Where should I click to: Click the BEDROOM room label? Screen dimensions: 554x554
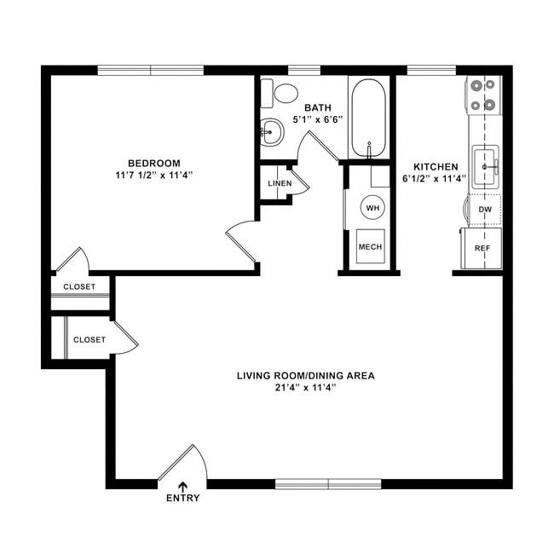pos(154,163)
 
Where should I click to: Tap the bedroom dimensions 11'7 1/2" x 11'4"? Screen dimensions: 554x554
pos(154,176)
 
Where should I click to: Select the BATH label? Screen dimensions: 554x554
pos(317,107)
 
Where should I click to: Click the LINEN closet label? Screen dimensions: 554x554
pos(279,183)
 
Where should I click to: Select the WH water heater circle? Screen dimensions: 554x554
pos(372,207)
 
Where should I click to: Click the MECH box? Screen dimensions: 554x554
pos(370,247)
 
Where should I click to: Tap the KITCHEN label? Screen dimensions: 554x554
pos(436,166)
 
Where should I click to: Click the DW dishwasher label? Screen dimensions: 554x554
pos(484,209)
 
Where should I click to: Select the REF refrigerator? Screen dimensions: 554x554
pos(482,248)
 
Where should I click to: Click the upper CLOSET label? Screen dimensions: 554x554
pos(79,286)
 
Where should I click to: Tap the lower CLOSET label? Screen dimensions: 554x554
pos(89,339)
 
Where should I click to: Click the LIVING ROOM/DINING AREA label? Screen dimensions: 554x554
pos(305,375)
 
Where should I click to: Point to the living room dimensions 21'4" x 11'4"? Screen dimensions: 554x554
pos(305,388)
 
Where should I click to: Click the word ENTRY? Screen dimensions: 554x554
pos(182,499)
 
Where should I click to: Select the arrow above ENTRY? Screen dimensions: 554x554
pos(182,486)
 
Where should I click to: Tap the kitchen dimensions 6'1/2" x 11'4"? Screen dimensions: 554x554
pos(436,179)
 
